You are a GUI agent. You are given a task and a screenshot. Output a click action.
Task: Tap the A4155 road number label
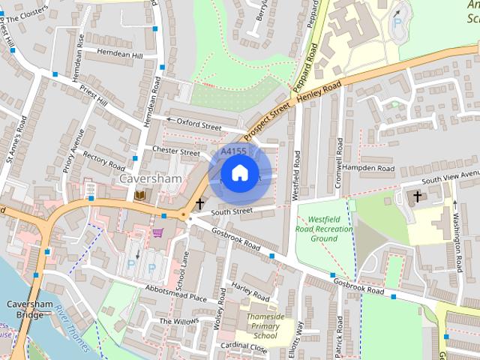tap(233, 151)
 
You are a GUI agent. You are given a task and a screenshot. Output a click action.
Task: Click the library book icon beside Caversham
tap(141, 196)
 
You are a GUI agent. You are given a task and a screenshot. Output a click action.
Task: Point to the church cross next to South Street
tap(199, 203)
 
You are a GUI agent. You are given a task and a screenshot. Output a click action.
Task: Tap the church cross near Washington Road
tap(417, 196)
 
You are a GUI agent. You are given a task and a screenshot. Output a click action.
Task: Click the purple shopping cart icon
tap(157, 232)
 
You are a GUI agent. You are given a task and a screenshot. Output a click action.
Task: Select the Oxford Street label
tap(199, 122)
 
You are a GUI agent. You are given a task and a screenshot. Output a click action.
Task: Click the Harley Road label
tap(250, 288)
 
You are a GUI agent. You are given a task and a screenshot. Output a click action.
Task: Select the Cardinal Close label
tap(244, 347)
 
